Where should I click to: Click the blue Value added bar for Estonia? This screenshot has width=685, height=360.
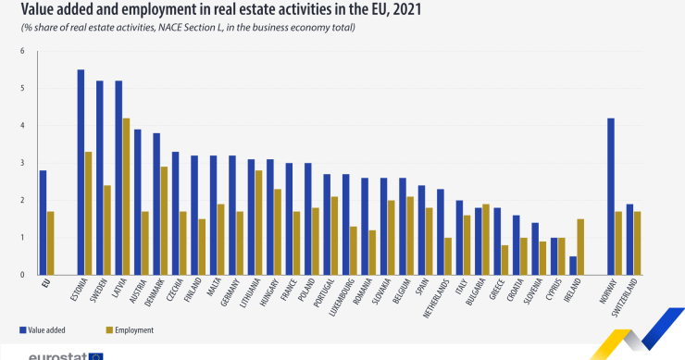point(81,172)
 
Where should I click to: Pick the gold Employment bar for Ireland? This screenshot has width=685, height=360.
point(579,246)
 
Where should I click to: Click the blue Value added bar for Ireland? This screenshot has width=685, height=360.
point(572,266)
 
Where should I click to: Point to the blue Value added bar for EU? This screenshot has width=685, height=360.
point(43,222)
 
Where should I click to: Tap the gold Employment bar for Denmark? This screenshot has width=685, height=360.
point(164,220)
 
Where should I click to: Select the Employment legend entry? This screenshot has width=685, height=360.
point(130,329)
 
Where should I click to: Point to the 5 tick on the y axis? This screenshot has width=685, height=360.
point(22,88)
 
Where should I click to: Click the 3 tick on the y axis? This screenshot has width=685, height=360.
point(22,163)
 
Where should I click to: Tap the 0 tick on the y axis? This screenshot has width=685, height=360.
point(22,275)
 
